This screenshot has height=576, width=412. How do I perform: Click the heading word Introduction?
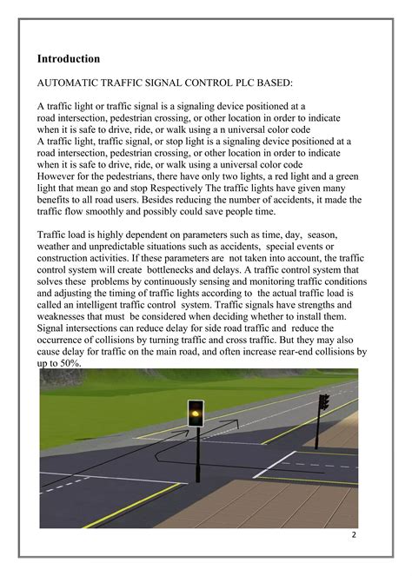[69, 59]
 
